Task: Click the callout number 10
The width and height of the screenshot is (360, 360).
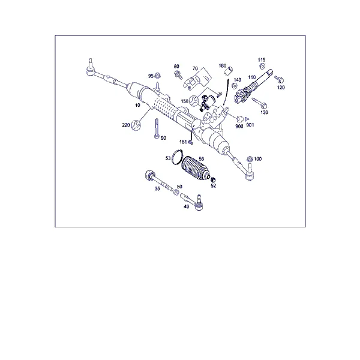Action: coord(137,105)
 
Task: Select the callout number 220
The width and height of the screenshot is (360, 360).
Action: coord(126,125)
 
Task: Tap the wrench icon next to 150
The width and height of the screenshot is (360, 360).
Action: coord(193,101)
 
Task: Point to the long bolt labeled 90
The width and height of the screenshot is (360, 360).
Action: coord(157,128)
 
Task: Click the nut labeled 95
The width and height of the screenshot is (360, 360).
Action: coord(157,75)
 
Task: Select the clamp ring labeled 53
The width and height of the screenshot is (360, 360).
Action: coord(177,157)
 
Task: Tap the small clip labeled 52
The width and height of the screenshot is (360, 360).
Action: coord(214,179)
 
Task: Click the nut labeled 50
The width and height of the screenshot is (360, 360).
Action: coord(176,192)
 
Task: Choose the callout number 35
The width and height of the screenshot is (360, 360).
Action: coord(157,188)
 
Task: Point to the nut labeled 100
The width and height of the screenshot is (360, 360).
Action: coord(250,159)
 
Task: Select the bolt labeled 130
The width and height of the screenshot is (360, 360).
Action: coord(259,103)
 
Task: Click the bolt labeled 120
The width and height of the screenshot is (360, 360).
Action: coord(279,79)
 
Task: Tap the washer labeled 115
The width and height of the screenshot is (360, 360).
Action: coord(262,67)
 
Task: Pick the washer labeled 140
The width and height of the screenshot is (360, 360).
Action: coord(235,86)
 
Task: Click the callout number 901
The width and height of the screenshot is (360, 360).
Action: coord(250,125)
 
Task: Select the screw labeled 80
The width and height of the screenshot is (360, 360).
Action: coord(178,75)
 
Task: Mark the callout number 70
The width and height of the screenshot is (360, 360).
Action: coord(195,68)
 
